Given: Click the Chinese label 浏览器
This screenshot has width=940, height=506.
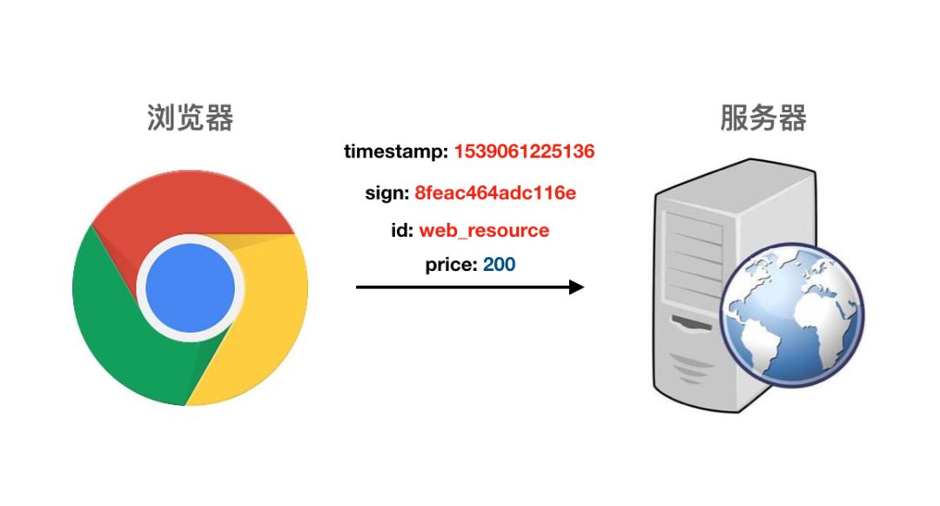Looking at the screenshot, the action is (190, 118).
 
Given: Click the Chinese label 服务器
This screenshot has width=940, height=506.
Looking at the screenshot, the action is (762, 118).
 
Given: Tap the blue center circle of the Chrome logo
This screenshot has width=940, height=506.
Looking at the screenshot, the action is (190, 287).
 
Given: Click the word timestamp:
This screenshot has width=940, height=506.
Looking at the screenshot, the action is (395, 152).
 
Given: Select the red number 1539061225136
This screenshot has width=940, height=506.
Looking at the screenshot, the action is (524, 152).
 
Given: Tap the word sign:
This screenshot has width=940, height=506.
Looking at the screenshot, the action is (386, 192).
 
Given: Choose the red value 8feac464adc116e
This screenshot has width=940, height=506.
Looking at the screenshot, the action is (495, 192).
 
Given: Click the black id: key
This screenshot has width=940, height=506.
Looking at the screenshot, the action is (401, 231).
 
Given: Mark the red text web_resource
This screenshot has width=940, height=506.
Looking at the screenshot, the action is (484, 231).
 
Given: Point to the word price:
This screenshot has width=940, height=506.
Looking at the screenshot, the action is (451, 264).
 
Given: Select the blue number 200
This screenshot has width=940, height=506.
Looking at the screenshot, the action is (500, 264).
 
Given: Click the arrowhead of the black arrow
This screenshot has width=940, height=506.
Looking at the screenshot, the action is (576, 287).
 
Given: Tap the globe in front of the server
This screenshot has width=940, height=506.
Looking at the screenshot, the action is (791, 314).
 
